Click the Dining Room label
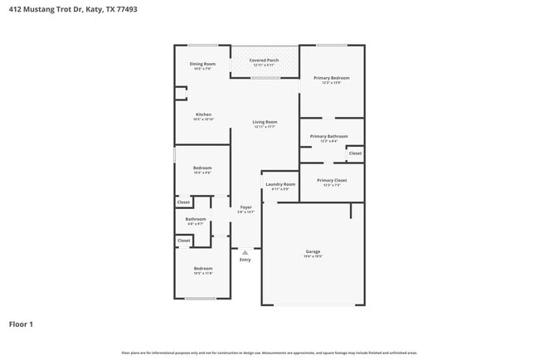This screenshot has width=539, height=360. [202, 64]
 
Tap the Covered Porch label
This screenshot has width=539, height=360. [264, 60]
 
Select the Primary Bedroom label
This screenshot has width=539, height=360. [331, 78]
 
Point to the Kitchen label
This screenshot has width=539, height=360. [203, 114]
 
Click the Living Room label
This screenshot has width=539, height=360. [265, 122]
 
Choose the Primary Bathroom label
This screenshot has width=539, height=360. [328, 136]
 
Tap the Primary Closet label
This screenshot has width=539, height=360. [331, 180]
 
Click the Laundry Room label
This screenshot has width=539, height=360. [280, 184]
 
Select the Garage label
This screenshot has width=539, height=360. [313, 251]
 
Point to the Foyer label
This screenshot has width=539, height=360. [245, 207]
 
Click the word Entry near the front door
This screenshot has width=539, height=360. [245, 260]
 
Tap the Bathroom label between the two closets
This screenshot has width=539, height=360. [195, 219]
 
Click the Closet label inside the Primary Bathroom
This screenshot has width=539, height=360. [354, 153]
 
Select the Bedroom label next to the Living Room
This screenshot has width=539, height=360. [202, 168]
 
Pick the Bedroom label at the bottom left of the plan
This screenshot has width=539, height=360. [202, 268]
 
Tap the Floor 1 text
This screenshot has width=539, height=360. [22, 324]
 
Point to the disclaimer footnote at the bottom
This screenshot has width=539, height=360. [269, 353]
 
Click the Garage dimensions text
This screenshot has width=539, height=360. [313, 256]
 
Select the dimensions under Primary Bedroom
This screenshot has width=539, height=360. [331, 83]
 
